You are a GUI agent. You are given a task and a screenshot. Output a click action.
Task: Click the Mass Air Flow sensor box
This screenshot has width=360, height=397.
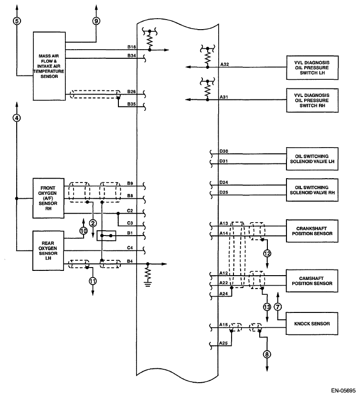(49, 66)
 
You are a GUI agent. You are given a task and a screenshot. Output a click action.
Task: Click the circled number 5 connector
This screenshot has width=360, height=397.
(17, 21)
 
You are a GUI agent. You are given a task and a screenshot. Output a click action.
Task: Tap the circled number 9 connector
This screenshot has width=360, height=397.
(96, 21)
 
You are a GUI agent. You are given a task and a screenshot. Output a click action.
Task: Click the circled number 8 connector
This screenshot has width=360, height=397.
(267, 354)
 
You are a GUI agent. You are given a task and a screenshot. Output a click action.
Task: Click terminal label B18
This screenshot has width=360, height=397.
(132, 47)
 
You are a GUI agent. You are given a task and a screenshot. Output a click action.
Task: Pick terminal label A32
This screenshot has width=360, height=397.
(224, 64)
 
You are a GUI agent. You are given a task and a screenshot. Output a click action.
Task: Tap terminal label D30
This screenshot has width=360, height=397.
(224, 151)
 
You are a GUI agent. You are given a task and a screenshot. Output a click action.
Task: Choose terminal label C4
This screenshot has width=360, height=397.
(130, 247)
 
